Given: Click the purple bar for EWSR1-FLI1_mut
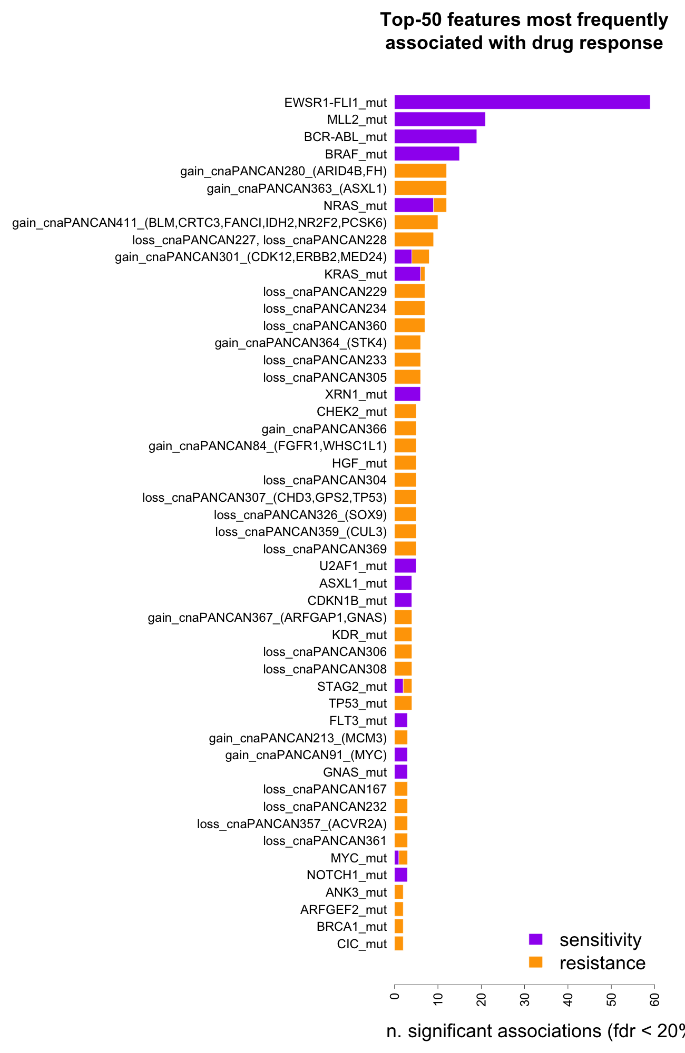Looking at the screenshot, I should [x=522, y=102].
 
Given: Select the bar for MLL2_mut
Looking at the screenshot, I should [x=439, y=120].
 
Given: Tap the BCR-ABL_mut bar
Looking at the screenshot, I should [x=435, y=136].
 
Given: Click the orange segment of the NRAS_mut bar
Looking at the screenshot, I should [x=440, y=205].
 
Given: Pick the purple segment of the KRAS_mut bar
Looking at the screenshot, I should [x=407, y=274].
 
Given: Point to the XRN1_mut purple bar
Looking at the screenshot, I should [x=407, y=394].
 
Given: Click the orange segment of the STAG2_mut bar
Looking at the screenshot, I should [x=407, y=686].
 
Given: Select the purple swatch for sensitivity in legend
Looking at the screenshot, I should [x=535, y=939].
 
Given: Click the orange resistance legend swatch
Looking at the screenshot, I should [x=535, y=962].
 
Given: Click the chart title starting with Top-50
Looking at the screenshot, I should [x=524, y=31].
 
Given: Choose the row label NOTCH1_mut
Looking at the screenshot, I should [x=347, y=875].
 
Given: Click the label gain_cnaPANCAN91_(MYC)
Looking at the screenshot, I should [x=306, y=755].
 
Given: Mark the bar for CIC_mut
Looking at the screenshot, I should [x=399, y=943].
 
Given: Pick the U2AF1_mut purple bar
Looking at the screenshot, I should [x=405, y=566].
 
